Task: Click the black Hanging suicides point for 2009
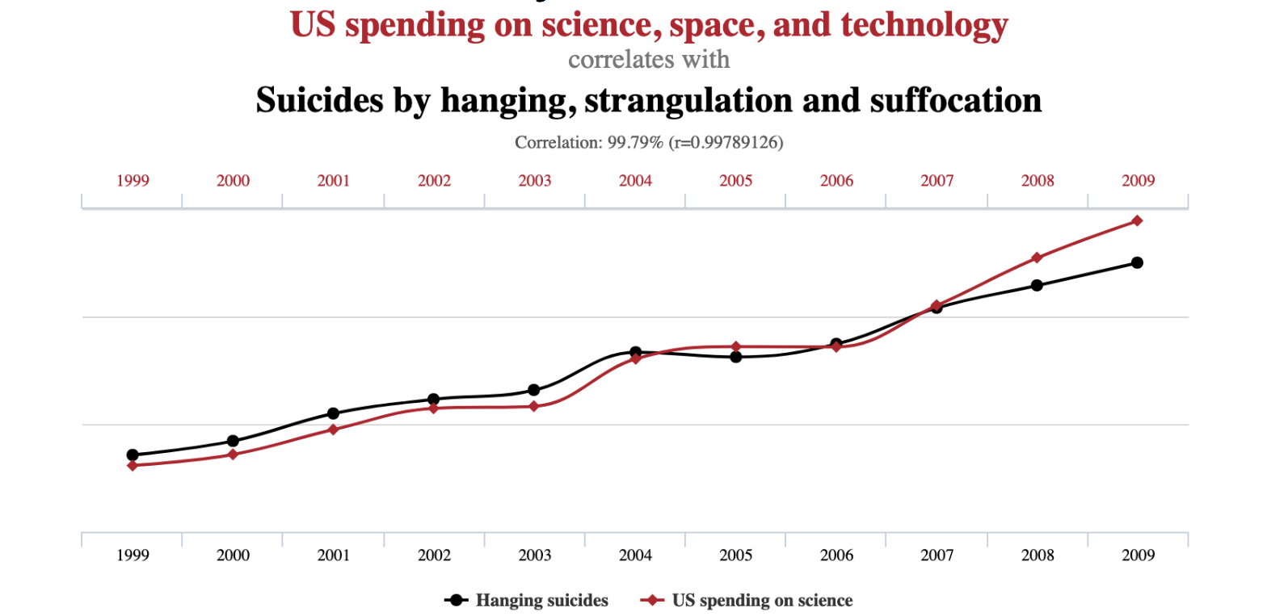tap(1137, 262)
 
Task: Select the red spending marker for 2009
tap(1137, 220)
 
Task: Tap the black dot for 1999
tap(133, 455)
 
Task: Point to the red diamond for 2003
tap(534, 406)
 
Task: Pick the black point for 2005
tap(736, 357)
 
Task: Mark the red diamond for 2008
tap(1037, 258)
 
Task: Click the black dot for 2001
tap(333, 413)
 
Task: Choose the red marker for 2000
tap(233, 455)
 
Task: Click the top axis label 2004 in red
tap(635, 181)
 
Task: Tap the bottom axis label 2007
tap(937, 555)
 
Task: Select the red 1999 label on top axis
tap(133, 181)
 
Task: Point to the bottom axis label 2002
tap(434, 555)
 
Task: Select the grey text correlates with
tap(649, 60)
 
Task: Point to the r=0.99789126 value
tap(727, 143)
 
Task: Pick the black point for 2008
tap(1037, 285)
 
